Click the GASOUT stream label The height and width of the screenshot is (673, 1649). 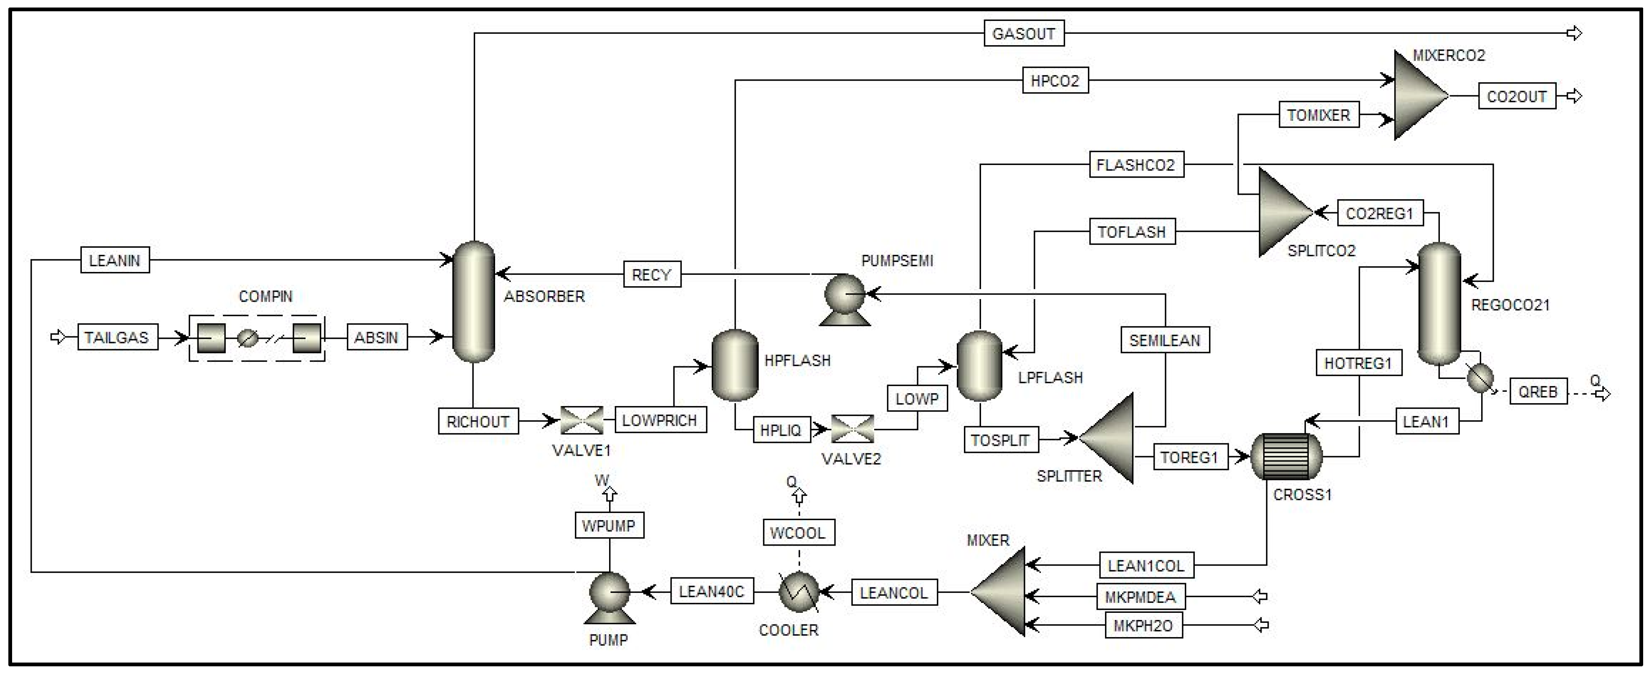tap(1024, 33)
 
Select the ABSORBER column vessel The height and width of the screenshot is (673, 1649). tap(474, 302)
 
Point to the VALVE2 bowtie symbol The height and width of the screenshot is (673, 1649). tap(852, 429)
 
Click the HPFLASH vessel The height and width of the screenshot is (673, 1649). tap(735, 365)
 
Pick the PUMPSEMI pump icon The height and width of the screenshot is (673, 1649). tap(845, 300)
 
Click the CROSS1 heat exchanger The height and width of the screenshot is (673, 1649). tap(1286, 457)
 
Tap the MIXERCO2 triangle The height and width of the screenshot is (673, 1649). tap(1421, 95)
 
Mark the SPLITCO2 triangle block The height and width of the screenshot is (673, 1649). tap(1285, 212)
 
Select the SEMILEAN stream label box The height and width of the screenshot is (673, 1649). tap(1165, 340)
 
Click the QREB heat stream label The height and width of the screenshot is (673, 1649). tap(1538, 391)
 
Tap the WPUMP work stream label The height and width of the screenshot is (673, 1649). tap(609, 525)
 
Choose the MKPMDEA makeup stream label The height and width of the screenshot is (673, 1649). tap(1141, 597)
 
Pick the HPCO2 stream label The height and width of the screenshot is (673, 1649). tap(1055, 81)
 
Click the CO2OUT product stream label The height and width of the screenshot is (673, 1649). tap(1517, 96)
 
